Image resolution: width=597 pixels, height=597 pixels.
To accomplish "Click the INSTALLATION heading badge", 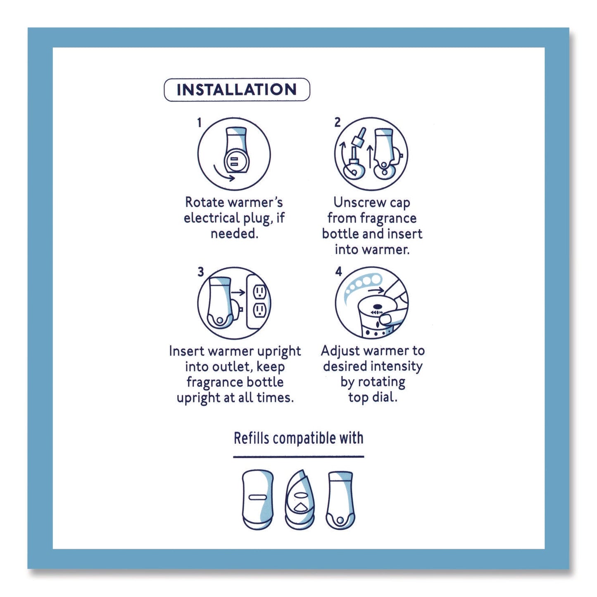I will (x=237, y=90).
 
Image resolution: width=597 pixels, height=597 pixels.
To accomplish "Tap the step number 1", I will (x=199, y=123).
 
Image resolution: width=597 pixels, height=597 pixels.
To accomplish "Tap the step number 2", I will (x=338, y=122).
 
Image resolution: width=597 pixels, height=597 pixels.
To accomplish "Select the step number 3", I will (x=200, y=272).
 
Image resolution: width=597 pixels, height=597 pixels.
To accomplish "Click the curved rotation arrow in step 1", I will (x=224, y=174).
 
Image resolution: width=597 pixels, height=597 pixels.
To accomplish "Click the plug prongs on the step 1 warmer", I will (x=233, y=161).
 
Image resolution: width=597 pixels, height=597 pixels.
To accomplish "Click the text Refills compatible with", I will (x=298, y=438).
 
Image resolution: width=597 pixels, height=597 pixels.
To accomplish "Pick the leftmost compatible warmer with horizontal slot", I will (x=258, y=499).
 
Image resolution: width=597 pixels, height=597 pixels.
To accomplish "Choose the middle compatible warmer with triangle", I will (x=300, y=500).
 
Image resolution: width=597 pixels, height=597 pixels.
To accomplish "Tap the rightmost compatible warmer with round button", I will (x=340, y=499).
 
